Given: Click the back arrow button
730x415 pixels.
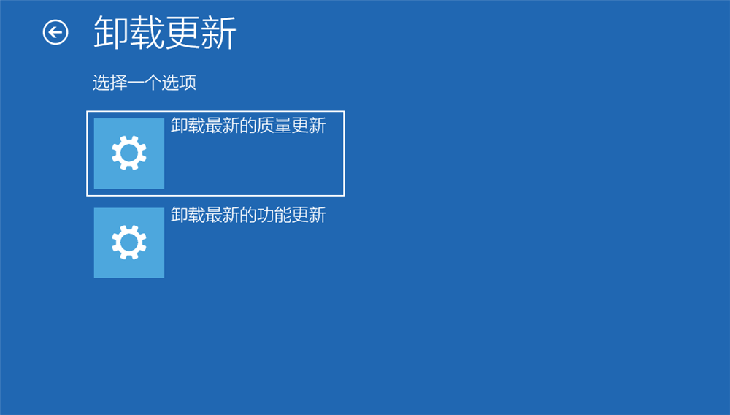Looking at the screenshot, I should click(x=55, y=32).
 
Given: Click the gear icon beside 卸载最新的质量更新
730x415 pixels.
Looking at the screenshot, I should click(x=129, y=153).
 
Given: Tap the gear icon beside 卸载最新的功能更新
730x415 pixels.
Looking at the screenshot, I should click(x=129, y=243).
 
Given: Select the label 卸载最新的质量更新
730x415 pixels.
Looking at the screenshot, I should click(x=248, y=126).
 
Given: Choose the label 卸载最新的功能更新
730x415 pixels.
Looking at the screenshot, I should click(x=248, y=215).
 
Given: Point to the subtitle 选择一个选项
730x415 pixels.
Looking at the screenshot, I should click(x=145, y=83).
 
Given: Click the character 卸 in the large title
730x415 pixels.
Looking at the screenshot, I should click(x=111, y=33).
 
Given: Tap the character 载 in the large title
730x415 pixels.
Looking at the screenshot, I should click(x=147, y=33).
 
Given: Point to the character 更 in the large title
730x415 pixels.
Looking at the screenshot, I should click(x=182, y=33).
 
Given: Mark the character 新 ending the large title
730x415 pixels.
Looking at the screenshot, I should click(x=218, y=33).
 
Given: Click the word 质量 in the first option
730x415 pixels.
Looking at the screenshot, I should click(x=274, y=126).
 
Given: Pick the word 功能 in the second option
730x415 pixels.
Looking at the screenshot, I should click(x=274, y=215).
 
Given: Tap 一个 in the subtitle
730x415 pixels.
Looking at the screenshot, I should click(x=145, y=83).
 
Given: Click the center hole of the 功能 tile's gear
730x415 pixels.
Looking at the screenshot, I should click(x=129, y=243).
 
